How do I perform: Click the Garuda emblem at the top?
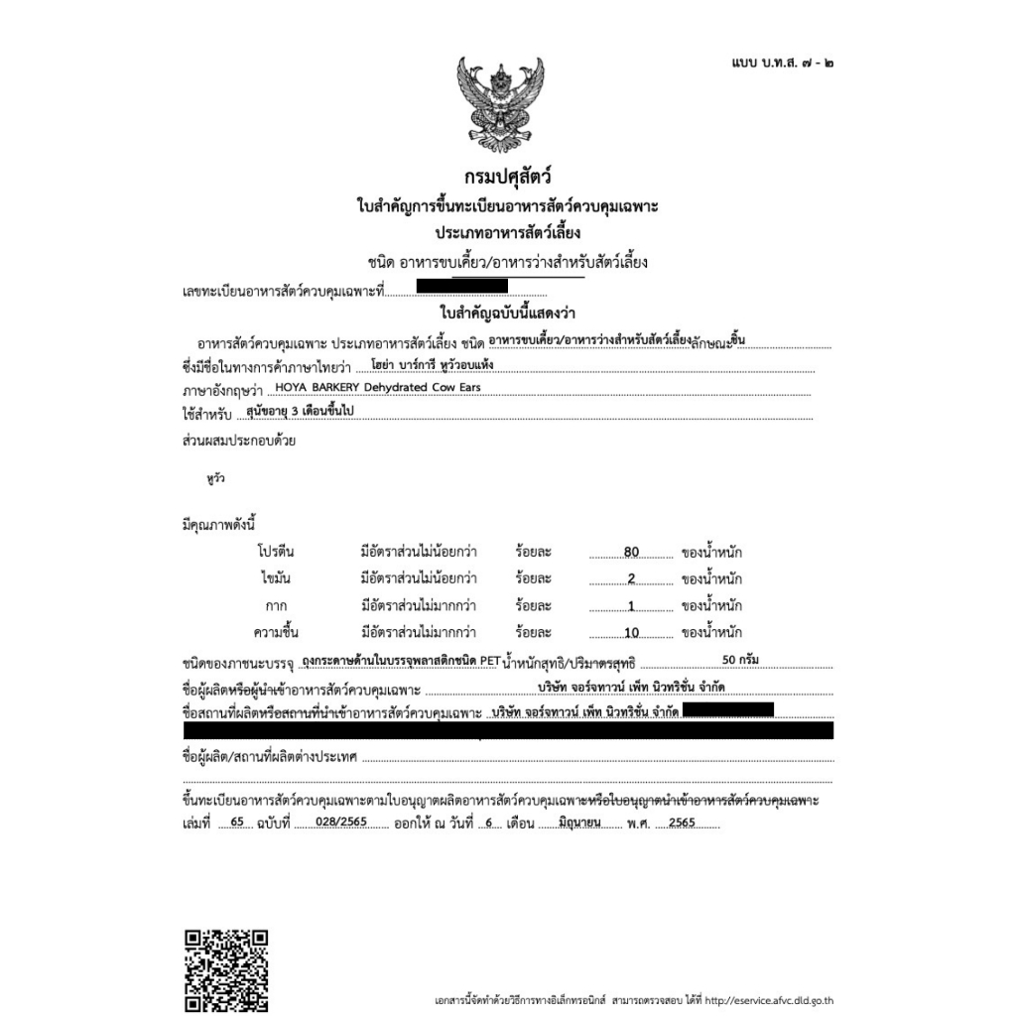pyautogui.click(x=501, y=101)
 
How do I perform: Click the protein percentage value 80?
pyautogui.click(x=632, y=553)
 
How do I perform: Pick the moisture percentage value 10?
pyautogui.click(x=632, y=633)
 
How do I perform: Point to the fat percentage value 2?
pyautogui.click(x=631, y=579)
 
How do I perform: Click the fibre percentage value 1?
pyautogui.click(x=631, y=606)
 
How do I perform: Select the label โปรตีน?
pyautogui.click(x=276, y=552)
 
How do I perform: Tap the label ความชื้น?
pyautogui.click(x=276, y=632)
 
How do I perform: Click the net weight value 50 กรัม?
pyautogui.click(x=742, y=659)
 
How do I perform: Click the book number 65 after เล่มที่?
pyautogui.click(x=235, y=823)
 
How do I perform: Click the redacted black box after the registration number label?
pyautogui.click(x=462, y=288)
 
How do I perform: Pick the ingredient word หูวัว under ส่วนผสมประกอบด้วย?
pyautogui.click(x=216, y=478)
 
